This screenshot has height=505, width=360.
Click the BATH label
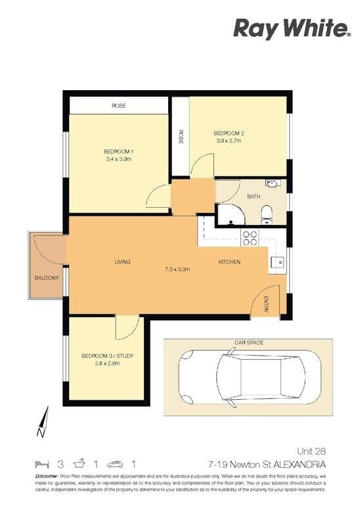[x=253, y=196]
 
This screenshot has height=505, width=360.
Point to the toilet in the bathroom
[x=267, y=212]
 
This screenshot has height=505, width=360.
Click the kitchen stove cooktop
[x=250, y=237]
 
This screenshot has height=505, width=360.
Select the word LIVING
[x=122, y=262]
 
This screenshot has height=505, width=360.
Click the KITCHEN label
[x=229, y=262]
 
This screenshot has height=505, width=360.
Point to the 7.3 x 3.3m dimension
[x=177, y=269]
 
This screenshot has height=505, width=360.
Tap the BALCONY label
[x=47, y=277]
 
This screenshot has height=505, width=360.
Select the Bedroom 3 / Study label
[x=107, y=356]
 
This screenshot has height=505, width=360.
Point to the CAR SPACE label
[x=248, y=343]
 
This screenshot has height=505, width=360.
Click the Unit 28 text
[x=311, y=451]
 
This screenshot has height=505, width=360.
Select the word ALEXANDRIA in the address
[x=302, y=463]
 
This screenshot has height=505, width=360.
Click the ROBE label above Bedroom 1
[x=118, y=105]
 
